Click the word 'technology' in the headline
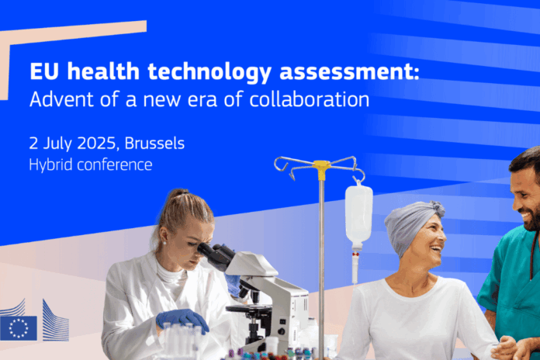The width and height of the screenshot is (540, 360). [x=209, y=72]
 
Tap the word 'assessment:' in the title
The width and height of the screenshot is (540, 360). [x=349, y=71]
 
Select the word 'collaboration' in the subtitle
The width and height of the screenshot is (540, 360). [x=310, y=99]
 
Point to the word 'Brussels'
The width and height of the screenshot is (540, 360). [x=154, y=143]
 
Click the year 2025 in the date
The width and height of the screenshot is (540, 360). [x=97, y=144]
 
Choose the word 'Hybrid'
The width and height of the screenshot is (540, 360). [x=51, y=165]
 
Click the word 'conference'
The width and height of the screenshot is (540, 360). [x=115, y=165]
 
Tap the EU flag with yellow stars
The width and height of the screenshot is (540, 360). [x=19, y=328]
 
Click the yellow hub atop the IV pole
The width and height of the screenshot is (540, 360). [x=322, y=169]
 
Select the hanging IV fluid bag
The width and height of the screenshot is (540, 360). [x=358, y=216]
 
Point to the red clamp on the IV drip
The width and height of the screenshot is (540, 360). [x=355, y=254]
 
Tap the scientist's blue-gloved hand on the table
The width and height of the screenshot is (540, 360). [x=182, y=320]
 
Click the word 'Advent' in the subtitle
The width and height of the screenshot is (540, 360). [x=61, y=99]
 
